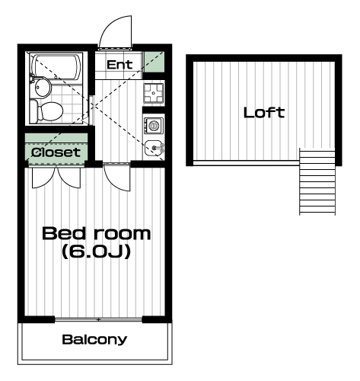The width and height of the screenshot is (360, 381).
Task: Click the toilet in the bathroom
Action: [x=46, y=111]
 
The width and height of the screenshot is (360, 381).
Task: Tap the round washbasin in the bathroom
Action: [x=43, y=88]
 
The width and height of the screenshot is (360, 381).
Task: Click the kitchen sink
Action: [x=154, y=148]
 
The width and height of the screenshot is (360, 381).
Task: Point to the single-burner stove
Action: [x=154, y=126]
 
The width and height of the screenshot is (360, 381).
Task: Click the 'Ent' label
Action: [x=119, y=65]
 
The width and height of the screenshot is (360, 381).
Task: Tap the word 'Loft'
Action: [x=264, y=113]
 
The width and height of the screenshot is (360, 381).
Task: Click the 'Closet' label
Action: [x=56, y=152]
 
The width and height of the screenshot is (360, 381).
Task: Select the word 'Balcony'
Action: [x=94, y=340]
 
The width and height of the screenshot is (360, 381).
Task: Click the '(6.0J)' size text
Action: [x=97, y=251]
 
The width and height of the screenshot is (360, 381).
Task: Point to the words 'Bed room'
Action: [x=96, y=234]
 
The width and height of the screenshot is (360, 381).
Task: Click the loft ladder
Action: [x=317, y=181]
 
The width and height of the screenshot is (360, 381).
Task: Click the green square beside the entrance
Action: [x=154, y=62]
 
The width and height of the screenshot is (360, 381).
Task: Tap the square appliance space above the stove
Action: [x=154, y=93]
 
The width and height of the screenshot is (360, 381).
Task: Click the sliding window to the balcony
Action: [x=98, y=320]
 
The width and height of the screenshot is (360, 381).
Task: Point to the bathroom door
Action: [x=92, y=110]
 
